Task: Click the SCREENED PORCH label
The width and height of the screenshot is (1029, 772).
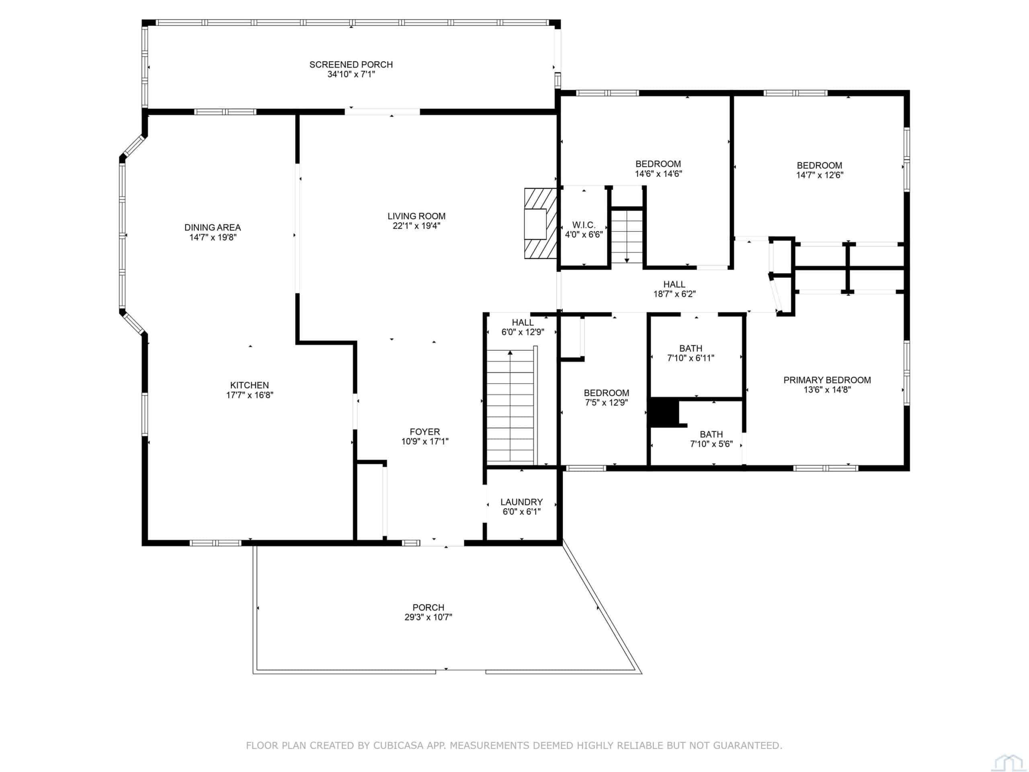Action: [351, 65]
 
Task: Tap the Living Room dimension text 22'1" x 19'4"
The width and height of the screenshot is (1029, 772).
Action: [416, 226]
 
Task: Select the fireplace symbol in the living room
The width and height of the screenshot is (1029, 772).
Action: [541, 224]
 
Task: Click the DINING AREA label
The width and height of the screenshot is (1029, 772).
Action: [213, 228]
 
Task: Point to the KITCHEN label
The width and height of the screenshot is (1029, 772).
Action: [249, 385]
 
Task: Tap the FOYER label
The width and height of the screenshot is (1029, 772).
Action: [425, 432]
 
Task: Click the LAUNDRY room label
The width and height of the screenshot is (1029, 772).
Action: [521, 502]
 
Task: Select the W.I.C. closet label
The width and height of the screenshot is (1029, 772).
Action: [584, 225]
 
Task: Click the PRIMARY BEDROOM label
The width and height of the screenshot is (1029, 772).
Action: [827, 380]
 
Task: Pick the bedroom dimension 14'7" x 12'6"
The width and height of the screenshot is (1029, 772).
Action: [820, 175]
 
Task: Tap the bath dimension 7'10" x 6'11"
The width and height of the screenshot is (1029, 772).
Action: [691, 358]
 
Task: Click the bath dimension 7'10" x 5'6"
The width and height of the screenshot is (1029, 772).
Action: [711, 444]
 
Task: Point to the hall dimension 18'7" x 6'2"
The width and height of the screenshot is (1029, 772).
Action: [674, 294]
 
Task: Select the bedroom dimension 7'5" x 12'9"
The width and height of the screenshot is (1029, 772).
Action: [607, 403]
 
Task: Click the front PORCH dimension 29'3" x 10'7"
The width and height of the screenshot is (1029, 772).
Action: [428, 618]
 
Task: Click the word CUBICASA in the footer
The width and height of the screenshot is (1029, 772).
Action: [398, 745]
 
